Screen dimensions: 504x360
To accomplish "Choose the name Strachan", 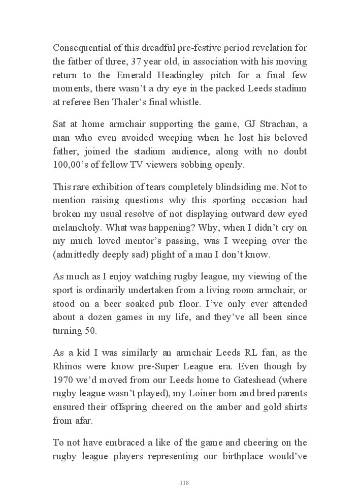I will [261, 124].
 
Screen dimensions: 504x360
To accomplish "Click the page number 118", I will [184, 482].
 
